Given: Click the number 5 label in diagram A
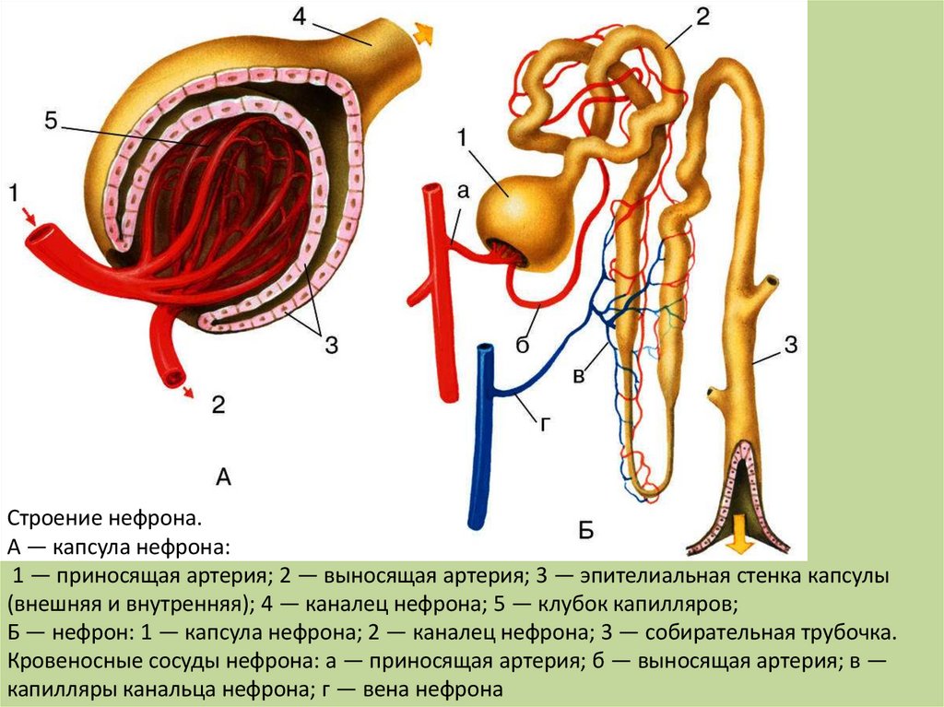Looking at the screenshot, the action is point(51,120).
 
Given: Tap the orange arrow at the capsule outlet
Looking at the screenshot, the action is point(423,33).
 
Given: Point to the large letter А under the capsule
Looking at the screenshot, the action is point(223,477).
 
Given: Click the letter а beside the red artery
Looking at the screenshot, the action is point(463,192).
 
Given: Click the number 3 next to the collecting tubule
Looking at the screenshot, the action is point(790,346).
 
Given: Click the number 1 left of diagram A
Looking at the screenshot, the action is point(14,194).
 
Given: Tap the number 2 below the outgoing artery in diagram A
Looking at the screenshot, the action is point(218,404).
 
